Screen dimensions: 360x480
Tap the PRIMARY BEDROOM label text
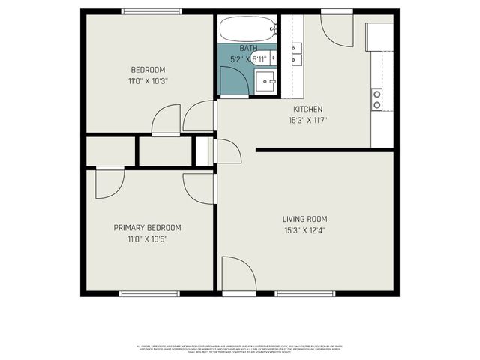click(147, 227)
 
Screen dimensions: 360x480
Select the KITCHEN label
click(308, 109)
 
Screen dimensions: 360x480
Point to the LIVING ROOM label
click(304, 219)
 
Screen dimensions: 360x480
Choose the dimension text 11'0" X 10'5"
click(147, 239)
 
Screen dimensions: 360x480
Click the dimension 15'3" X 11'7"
click(308, 120)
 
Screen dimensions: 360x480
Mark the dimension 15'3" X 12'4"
click(304, 231)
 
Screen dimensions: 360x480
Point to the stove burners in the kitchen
click(376, 99)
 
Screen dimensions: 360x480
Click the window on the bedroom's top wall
click(152, 11)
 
